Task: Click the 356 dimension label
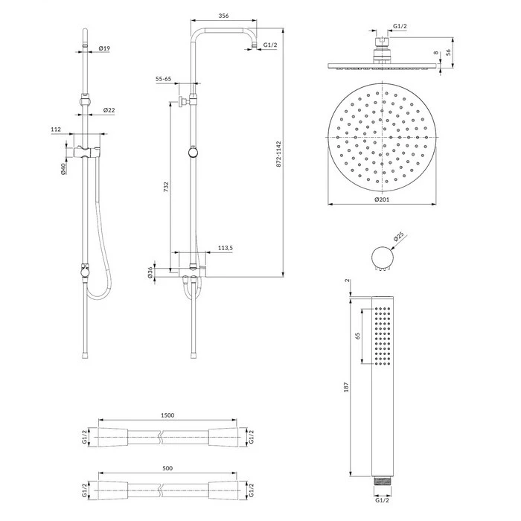[223, 16]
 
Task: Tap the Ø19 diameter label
[104, 48]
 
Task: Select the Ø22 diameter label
[109, 110]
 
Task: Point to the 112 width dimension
[56, 130]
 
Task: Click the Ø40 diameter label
[63, 169]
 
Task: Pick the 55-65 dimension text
[163, 79]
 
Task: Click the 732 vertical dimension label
[166, 186]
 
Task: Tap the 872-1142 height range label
[279, 154]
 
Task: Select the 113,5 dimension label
[226, 248]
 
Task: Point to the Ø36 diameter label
[150, 272]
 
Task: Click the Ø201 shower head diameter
[382, 199]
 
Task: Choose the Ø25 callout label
[398, 237]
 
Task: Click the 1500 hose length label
[167, 415]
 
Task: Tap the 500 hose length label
[167, 468]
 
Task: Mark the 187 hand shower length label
[346, 387]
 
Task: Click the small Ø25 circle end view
[383, 258]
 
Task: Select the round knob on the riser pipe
[193, 153]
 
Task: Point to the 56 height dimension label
[448, 53]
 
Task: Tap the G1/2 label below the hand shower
[382, 500]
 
